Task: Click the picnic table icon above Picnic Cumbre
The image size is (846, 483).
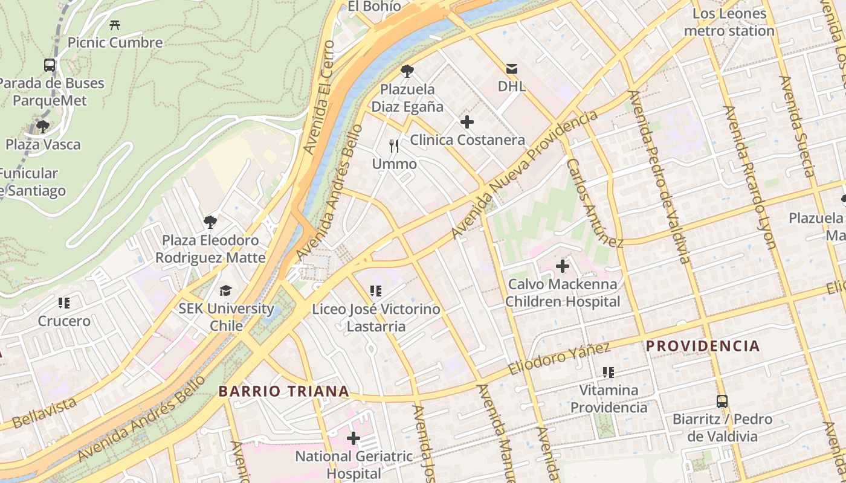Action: (x=115, y=25)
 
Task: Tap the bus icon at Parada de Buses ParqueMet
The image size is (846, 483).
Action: (x=50, y=65)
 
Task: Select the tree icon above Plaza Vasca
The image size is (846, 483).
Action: (x=43, y=127)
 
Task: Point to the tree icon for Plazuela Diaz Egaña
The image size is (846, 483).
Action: (x=407, y=71)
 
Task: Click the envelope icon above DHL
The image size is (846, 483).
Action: (x=512, y=68)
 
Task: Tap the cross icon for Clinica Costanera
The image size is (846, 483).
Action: (x=467, y=122)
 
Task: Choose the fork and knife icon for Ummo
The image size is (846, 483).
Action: (x=394, y=146)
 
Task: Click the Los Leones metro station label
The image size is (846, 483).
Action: (x=729, y=22)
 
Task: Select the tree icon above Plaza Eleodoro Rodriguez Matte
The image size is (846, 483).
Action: (x=210, y=222)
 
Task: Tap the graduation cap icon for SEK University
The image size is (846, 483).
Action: (x=225, y=291)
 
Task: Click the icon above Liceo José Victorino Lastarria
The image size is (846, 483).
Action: (x=376, y=292)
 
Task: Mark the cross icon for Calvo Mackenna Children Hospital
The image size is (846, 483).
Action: (x=563, y=266)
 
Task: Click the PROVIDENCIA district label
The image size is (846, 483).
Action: (x=703, y=346)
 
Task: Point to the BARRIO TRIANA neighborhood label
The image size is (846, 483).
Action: (x=283, y=391)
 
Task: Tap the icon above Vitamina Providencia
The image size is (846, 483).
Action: (x=608, y=373)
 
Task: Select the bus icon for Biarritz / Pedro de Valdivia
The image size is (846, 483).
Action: (x=722, y=401)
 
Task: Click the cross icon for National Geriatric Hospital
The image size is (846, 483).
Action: (x=354, y=438)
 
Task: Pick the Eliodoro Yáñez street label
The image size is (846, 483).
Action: (x=559, y=359)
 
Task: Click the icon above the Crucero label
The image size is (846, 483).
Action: (x=64, y=303)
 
